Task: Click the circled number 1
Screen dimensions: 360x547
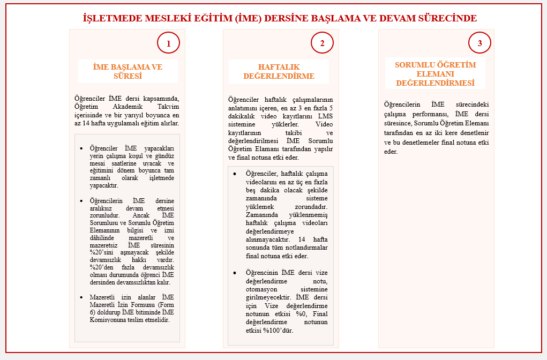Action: (168, 43)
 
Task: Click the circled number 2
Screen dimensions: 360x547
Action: (322, 43)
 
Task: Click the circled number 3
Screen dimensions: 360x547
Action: (479, 43)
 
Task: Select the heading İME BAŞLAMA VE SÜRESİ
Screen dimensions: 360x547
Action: (128, 71)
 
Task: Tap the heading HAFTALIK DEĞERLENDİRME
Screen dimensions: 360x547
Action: (279, 71)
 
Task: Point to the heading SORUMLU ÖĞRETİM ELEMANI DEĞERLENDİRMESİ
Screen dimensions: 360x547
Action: (435, 74)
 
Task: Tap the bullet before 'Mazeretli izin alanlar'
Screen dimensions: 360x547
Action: (81, 297)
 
